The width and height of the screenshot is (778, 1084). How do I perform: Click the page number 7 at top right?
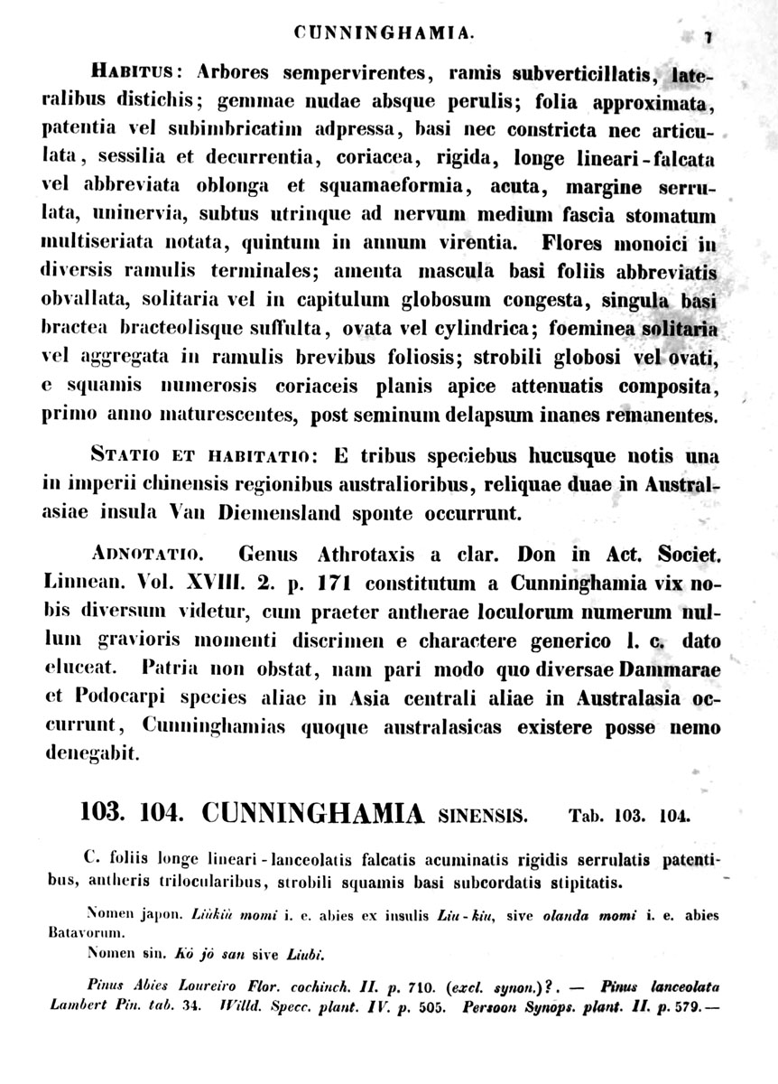click(x=709, y=36)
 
